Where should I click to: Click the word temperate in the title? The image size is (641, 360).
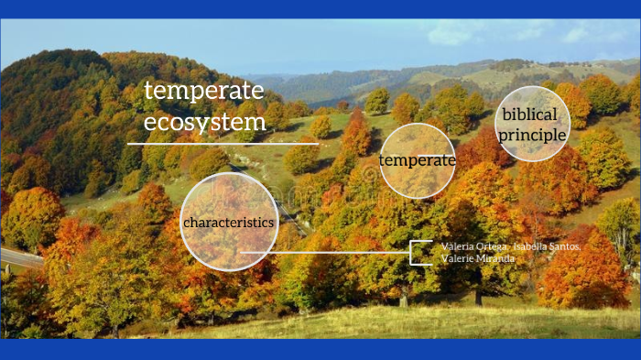coord(203,92)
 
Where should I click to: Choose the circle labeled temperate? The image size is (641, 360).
coord(417,161)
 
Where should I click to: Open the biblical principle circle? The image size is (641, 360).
coord(531,123)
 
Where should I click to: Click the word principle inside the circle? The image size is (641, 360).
coord(531,136)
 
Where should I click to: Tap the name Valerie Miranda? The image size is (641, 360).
coord(478,258)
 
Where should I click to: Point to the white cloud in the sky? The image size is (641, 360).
coord(458,32)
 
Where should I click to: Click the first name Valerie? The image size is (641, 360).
coord(456,258)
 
